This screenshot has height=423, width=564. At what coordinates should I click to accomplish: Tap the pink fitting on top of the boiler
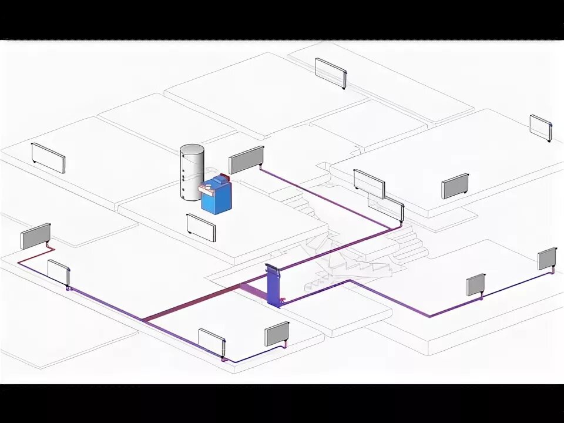click(x=207, y=189)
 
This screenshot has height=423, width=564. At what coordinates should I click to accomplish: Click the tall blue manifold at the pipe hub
click(x=273, y=285)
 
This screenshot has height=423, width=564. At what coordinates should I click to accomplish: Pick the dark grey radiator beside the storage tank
click(x=246, y=160)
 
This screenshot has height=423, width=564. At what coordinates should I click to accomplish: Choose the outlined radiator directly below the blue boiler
click(x=201, y=227)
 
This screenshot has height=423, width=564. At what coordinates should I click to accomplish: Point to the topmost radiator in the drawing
click(x=330, y=72)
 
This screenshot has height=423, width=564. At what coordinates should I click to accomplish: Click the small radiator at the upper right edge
click(x=540, y=127)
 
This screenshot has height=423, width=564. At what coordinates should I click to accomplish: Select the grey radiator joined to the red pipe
click(x=36, y=236)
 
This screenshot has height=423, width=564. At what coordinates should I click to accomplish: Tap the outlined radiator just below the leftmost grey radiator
click(x=59, y=272)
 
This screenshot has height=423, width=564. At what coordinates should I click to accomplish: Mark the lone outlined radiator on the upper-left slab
click(x=48, y=157)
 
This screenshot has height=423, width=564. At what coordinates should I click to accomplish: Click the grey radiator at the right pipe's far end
click(x=547, y=258)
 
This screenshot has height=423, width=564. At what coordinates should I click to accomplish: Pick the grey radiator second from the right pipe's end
click(x=476, y=285)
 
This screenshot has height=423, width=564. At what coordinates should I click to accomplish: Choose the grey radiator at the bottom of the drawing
click(x=277, y=334)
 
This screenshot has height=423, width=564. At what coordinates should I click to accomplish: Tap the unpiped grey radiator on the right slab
click(x=455, y=186)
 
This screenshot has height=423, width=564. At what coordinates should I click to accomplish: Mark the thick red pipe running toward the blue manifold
click(x=194, y=303)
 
